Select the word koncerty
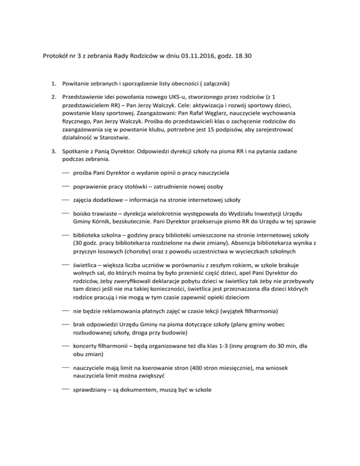[x=87, y=347]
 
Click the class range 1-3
[x=231, y=347]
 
